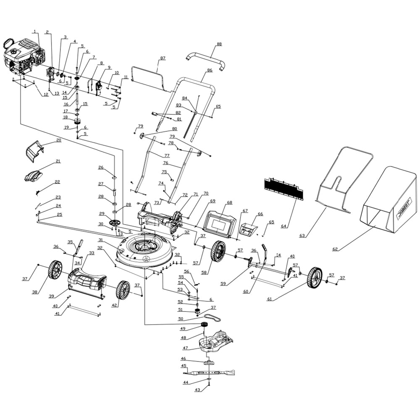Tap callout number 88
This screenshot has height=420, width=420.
click(219, 44)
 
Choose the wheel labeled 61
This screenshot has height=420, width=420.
click(314, 278)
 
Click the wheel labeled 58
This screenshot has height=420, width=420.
click(218, 251)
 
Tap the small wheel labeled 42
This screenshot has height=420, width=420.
click(123, 290)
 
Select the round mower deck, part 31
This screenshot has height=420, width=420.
click(145, 250)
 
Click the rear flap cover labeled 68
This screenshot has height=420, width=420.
click(220, 221)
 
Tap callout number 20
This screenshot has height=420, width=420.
click(58, 140)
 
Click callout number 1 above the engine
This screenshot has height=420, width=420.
click(35, 31)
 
